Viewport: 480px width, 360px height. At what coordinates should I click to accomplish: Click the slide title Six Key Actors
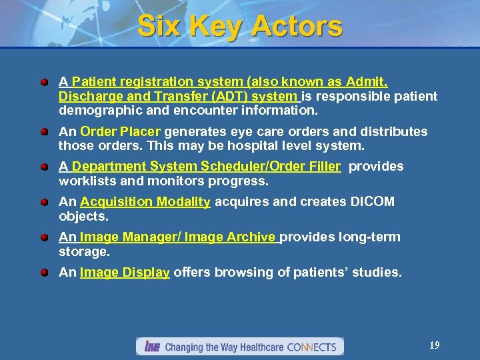pyautogui.click(x=240, y=27)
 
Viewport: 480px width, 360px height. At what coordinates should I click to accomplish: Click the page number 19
pyautogui.click(x=434, y=345)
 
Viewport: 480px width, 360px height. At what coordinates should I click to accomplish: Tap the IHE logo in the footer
pyautogui.click(x=149, y=347)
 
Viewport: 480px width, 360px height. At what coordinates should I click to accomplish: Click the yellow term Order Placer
pyautogui.click(x=121, y=131)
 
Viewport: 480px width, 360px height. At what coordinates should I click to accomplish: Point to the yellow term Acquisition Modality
pyautogui.click(x=145, y=201)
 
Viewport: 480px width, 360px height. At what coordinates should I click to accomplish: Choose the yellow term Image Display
pyautogui.click(x=125, y=272)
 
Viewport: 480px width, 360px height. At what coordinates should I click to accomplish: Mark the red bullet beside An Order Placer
pyautogui.click(x=43, y=132)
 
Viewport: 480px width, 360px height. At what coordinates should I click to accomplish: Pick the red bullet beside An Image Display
pyautogui.click(x=43, y=273)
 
